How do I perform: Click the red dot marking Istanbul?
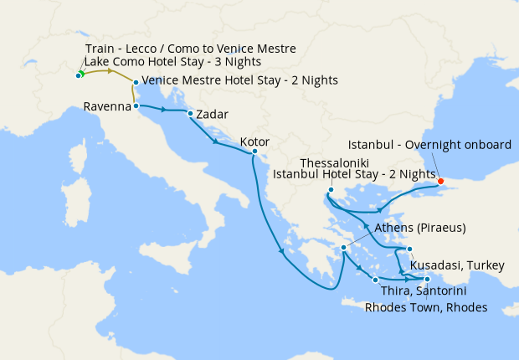point(440,180)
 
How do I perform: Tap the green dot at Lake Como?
point(79,75)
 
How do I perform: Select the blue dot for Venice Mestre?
point(136,82)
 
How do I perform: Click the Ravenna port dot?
point(136,106)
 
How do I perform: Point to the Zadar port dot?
point(191,114)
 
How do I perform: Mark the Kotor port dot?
point(254,152)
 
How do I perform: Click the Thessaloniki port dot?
point(331,190)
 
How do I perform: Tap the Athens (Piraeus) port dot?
point(343,248)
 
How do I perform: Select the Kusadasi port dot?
point(410,249)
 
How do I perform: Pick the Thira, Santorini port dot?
point(375,280)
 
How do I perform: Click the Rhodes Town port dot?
point(428,280)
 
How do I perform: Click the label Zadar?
point(212,114)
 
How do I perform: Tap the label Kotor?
point(254,141)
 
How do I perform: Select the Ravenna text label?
point(107,106)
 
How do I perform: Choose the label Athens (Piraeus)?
point(419,228)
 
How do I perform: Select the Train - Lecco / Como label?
point(190,49)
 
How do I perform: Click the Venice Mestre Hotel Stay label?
point(240,80)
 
